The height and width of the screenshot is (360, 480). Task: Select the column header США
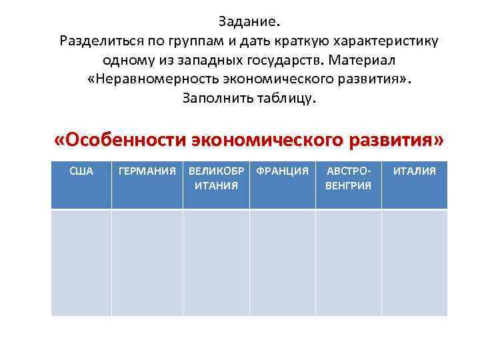click(x=81, y=172)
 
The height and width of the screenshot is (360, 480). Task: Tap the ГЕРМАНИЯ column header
click(x=147, y=172)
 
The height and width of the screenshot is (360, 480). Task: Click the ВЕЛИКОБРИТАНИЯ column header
click(x=216, y=178)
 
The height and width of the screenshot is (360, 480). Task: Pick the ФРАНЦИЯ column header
click(x=282, y=172)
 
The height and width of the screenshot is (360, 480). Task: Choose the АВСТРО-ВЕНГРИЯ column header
click(x=348, y=178)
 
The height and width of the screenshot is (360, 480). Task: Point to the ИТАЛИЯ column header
click(x=414, y=172)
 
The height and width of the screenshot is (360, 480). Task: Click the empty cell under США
click(x=81, y=262)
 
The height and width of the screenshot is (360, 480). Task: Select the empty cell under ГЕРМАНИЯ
click(x=147, y=262)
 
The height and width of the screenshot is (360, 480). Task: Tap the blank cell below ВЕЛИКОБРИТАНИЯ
click(x=216, y=262)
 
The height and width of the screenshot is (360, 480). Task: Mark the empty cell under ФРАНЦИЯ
click(x=282, y=262)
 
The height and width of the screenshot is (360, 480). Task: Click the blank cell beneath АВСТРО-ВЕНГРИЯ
click(x=348, y=262)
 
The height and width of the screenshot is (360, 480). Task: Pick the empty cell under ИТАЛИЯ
click(x=414, y=262)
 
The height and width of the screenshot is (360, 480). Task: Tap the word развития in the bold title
click(x=391, y=141)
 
